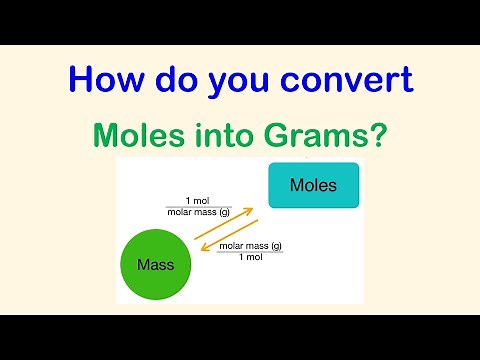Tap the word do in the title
pyautogui.click(x=176, y=79)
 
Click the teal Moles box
pyautogui.click(x=313, y=186)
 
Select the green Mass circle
pyautogui.click(x=155, y=266)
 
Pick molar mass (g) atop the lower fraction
pyautogui.click(x=250, y=246)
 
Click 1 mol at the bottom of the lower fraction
pyautogui.click(x=250, y=258)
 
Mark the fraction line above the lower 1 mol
pyautogui.click(x=250, y=252)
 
